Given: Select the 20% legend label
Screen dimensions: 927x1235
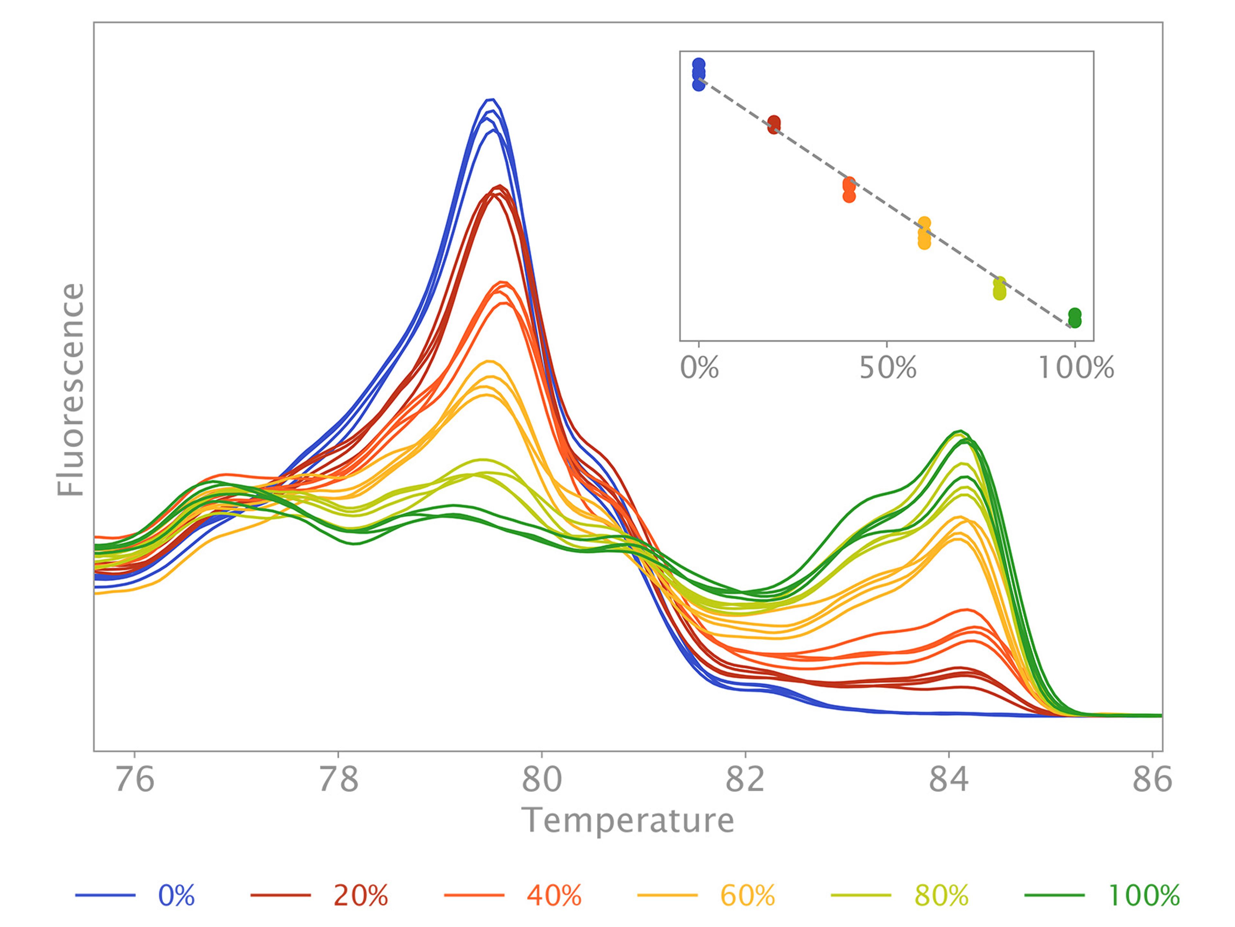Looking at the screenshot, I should coord(361,896).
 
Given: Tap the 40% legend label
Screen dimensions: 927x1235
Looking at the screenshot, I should coord(554,896).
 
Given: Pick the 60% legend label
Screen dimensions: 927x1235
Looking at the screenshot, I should coord(747,896).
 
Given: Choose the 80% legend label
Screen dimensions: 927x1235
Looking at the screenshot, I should coord(941,896).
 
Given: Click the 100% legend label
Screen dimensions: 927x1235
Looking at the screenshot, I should coord(1143,896).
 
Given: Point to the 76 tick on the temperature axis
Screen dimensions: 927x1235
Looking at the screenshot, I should coord(135,780).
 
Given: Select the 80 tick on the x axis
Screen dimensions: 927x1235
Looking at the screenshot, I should coord(542,780).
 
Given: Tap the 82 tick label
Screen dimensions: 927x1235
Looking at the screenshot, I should coord(745,780).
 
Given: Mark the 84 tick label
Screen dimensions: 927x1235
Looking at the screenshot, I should coord(948,780).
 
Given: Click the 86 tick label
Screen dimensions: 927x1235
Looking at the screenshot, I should coord(1152,780).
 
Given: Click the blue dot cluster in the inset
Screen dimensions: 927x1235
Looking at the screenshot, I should coord(699,74).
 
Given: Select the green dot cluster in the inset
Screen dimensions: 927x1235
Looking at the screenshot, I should coord(1075,318).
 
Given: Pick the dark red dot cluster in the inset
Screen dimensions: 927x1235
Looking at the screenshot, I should coord(774,124).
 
